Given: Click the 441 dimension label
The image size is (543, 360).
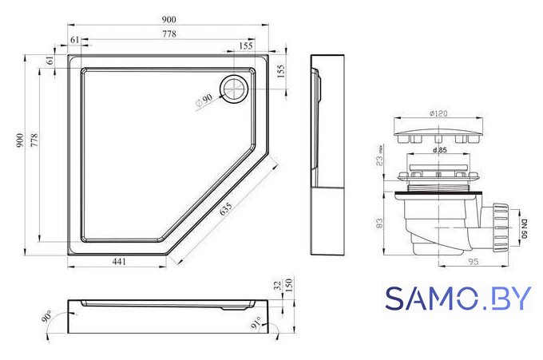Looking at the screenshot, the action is coord(119,262).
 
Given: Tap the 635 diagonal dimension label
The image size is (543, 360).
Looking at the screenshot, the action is coord(226,209).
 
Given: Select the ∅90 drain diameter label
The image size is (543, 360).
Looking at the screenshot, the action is coord(204,101).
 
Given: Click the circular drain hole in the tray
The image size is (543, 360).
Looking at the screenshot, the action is coord(235,89).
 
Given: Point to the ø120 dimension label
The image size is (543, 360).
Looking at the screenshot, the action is coord(438,113).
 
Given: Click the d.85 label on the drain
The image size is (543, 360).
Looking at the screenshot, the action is coord(440,150).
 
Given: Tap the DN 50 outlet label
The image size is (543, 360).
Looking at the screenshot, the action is coord(524,228).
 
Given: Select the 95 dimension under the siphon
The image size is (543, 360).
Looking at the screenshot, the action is coord(473,261).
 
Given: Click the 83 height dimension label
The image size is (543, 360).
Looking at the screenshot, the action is coord(379,223).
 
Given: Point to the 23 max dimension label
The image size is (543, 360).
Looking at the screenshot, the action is coord(380,156).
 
